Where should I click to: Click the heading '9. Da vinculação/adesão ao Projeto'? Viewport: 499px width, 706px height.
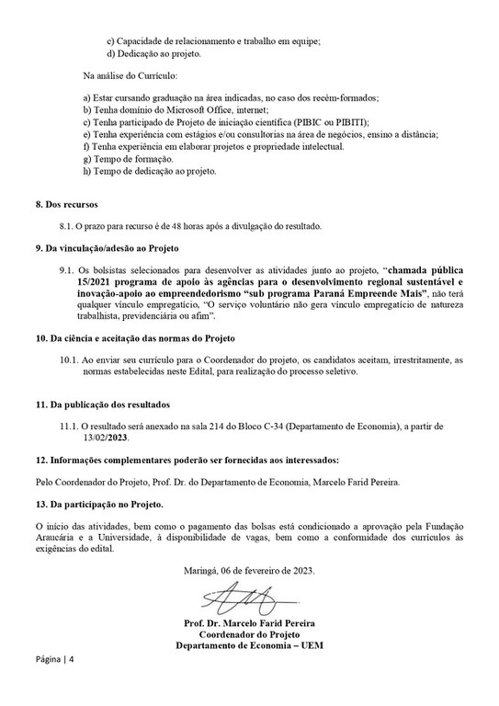point(110,247)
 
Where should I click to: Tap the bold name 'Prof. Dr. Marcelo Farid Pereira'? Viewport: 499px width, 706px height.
point(249,626)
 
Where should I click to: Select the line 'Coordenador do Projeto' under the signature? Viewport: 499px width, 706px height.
point(249,636)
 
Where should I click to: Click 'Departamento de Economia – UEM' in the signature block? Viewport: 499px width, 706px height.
point(249,646)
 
